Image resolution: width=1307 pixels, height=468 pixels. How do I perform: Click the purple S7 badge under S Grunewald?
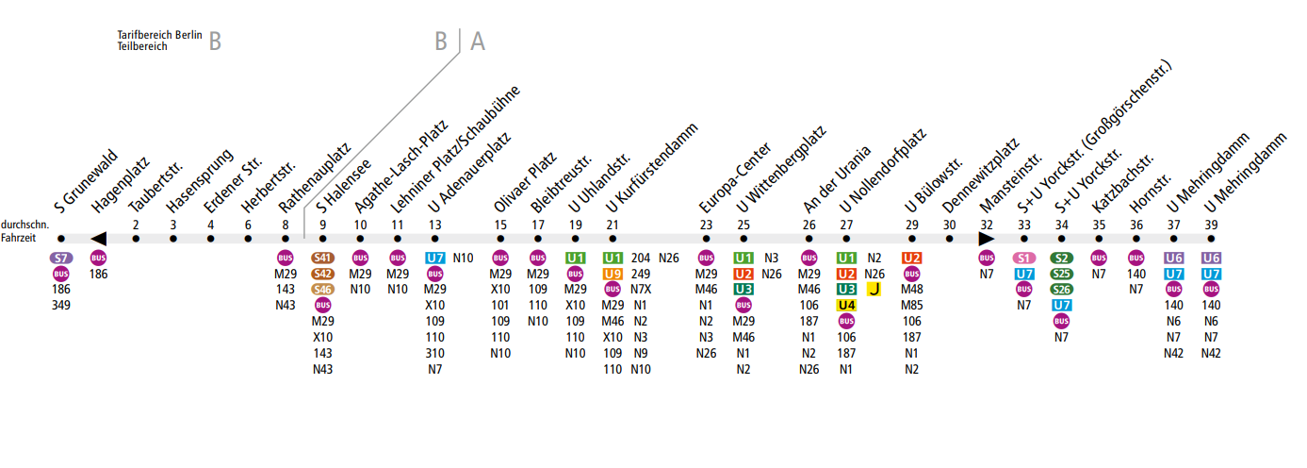tap(61, 258)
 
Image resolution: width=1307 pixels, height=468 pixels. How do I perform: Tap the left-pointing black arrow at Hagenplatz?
tap(98, 239)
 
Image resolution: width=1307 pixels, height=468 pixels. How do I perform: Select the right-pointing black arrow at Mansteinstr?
tap(987, 239)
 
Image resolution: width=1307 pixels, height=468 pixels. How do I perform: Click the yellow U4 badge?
tap(846, 306)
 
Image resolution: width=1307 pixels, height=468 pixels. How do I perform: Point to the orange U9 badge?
tap(613, 274)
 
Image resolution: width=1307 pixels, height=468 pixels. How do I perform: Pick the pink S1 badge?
tap(1024, 258)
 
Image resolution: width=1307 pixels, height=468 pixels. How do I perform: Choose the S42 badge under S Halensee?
tap(323, 274)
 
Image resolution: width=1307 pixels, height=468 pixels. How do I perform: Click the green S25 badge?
tap(1062, 274)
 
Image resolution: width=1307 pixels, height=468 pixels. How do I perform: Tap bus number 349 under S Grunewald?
tap(61, 306)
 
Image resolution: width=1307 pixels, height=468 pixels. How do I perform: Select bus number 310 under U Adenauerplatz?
tap(434, 354)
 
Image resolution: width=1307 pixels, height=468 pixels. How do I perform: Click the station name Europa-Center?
tap(735, 179)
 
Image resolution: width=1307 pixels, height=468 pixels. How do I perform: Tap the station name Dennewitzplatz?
tap(980, 174)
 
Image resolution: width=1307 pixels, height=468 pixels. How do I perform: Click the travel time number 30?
tap(949, 225)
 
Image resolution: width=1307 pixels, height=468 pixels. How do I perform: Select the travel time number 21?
tap(613, 225)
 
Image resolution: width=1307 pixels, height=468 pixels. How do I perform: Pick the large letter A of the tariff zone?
tap(478, 42)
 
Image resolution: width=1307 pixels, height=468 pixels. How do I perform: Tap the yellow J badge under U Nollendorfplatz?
tap(874, 290)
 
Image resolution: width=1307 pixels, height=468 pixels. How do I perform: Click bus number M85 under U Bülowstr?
tap(911, 306)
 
